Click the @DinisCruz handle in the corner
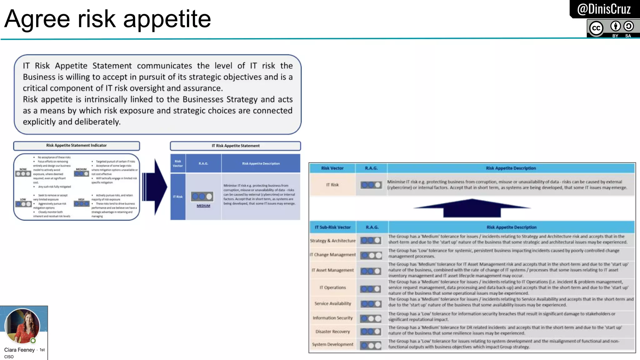[x=604, y=9]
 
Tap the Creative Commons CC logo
[x=596, y=28]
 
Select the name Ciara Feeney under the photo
[x=19, y=350]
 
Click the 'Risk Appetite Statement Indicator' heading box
[x=76, y=146]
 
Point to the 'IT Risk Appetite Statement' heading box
[x=235, y=146]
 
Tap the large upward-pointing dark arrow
[x=472, y=208]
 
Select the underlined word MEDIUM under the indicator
[x=203, y=206]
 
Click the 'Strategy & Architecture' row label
[x=332, y=241]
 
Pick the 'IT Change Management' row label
[x=332, y=255]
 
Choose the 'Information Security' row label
[x=332, y=318]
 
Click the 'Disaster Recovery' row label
[x=332, y=332]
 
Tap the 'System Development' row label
[x=332, y=344]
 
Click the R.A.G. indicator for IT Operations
[x=371, y=289]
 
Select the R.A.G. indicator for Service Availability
[x=371, y=304]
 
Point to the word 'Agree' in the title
[x=37, y=19]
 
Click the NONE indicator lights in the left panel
[x=23, y=174]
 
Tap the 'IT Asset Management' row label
[x=332, y=270]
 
